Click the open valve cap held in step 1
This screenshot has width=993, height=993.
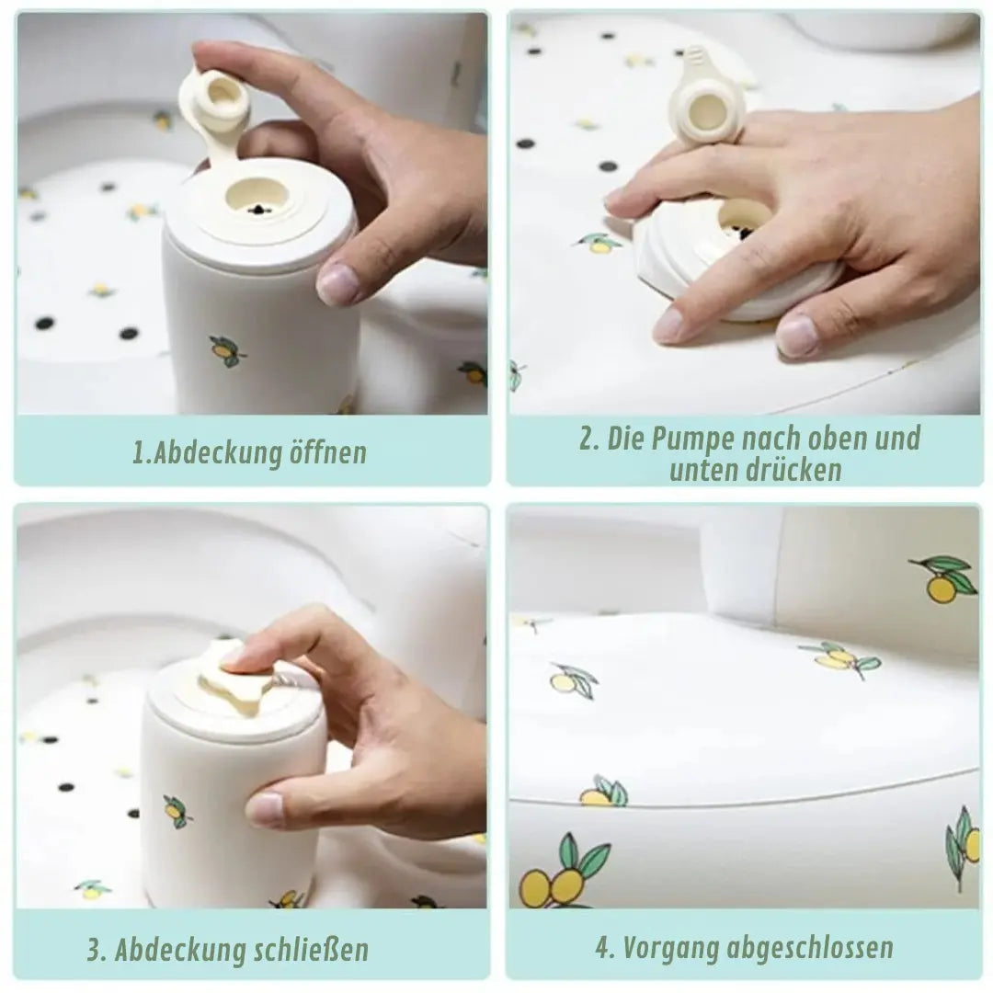point(212,108)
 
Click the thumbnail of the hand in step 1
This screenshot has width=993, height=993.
point(336,284)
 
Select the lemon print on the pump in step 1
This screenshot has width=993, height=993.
point(227,351)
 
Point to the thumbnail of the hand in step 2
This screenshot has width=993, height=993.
point(796,335)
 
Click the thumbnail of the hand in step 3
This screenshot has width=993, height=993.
point(265,808)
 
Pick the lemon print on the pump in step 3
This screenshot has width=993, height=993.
point(177,811)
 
